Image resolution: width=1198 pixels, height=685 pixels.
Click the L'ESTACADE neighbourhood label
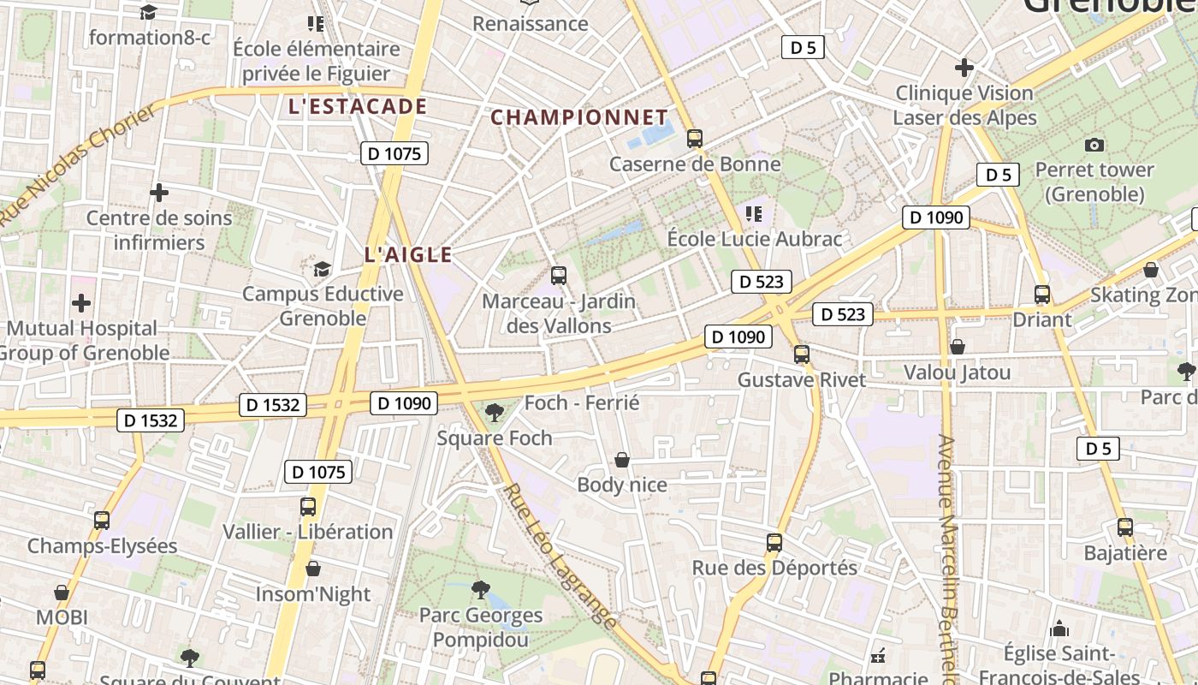coord(358,106)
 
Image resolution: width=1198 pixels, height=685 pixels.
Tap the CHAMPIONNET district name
coord(579,117)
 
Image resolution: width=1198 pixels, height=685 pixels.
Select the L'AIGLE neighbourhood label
coord(408,254)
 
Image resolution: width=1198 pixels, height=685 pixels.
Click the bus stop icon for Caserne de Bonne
coord(695,138)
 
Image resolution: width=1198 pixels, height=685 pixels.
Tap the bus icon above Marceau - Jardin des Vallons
coord(559,276)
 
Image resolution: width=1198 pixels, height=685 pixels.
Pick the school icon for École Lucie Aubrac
coord(754,213)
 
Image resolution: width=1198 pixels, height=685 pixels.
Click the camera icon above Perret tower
coord(1094,145)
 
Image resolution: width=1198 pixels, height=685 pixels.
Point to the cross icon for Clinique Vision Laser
coord(964,67)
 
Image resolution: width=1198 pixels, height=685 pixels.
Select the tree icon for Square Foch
coord(494,414)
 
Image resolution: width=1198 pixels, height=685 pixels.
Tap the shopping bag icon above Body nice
coord(622,461)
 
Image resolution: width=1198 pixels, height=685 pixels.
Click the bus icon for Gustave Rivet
coord(802,354)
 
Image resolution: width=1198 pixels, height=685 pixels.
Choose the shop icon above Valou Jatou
coord(958,347)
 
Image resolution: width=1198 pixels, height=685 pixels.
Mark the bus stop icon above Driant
coord(1042,295)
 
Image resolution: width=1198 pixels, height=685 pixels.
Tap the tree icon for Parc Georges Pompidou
coord(481,590)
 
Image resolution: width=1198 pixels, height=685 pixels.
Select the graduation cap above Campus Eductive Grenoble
coord(322,270)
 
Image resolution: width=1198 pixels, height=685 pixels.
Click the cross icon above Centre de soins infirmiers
coord(159,193)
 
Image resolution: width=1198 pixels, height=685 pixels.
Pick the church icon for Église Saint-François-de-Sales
coord(1059,629)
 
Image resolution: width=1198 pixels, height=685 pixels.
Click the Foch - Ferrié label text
coord(582,402)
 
